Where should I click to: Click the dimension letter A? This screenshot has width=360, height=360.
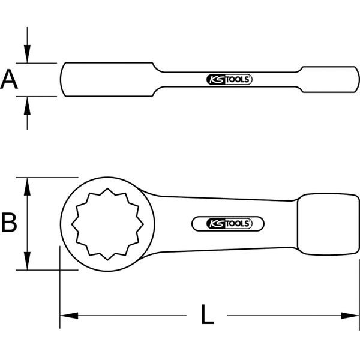[9, 79]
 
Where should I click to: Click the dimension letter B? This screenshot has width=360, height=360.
[9, 223]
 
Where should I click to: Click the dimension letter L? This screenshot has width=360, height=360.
[207, 315]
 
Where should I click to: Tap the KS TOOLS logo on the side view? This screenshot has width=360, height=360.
[229, 79]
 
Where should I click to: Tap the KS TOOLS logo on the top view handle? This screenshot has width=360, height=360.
[229, 223]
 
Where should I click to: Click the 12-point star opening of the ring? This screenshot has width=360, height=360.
[107, 224]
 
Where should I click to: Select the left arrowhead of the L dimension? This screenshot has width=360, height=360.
[66, 314]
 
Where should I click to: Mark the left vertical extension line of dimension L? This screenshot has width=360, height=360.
[60, 288]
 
